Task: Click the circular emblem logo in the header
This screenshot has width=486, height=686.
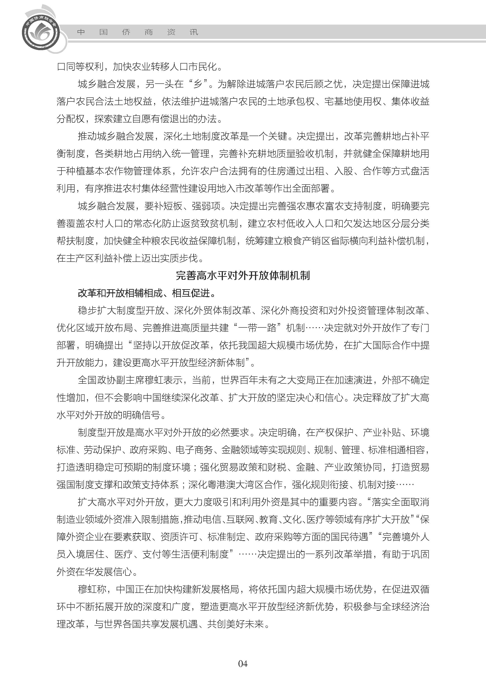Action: (41, 32)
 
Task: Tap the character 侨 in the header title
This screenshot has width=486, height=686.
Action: (126, 32)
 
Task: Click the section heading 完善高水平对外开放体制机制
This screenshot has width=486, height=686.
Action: (243, 275)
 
